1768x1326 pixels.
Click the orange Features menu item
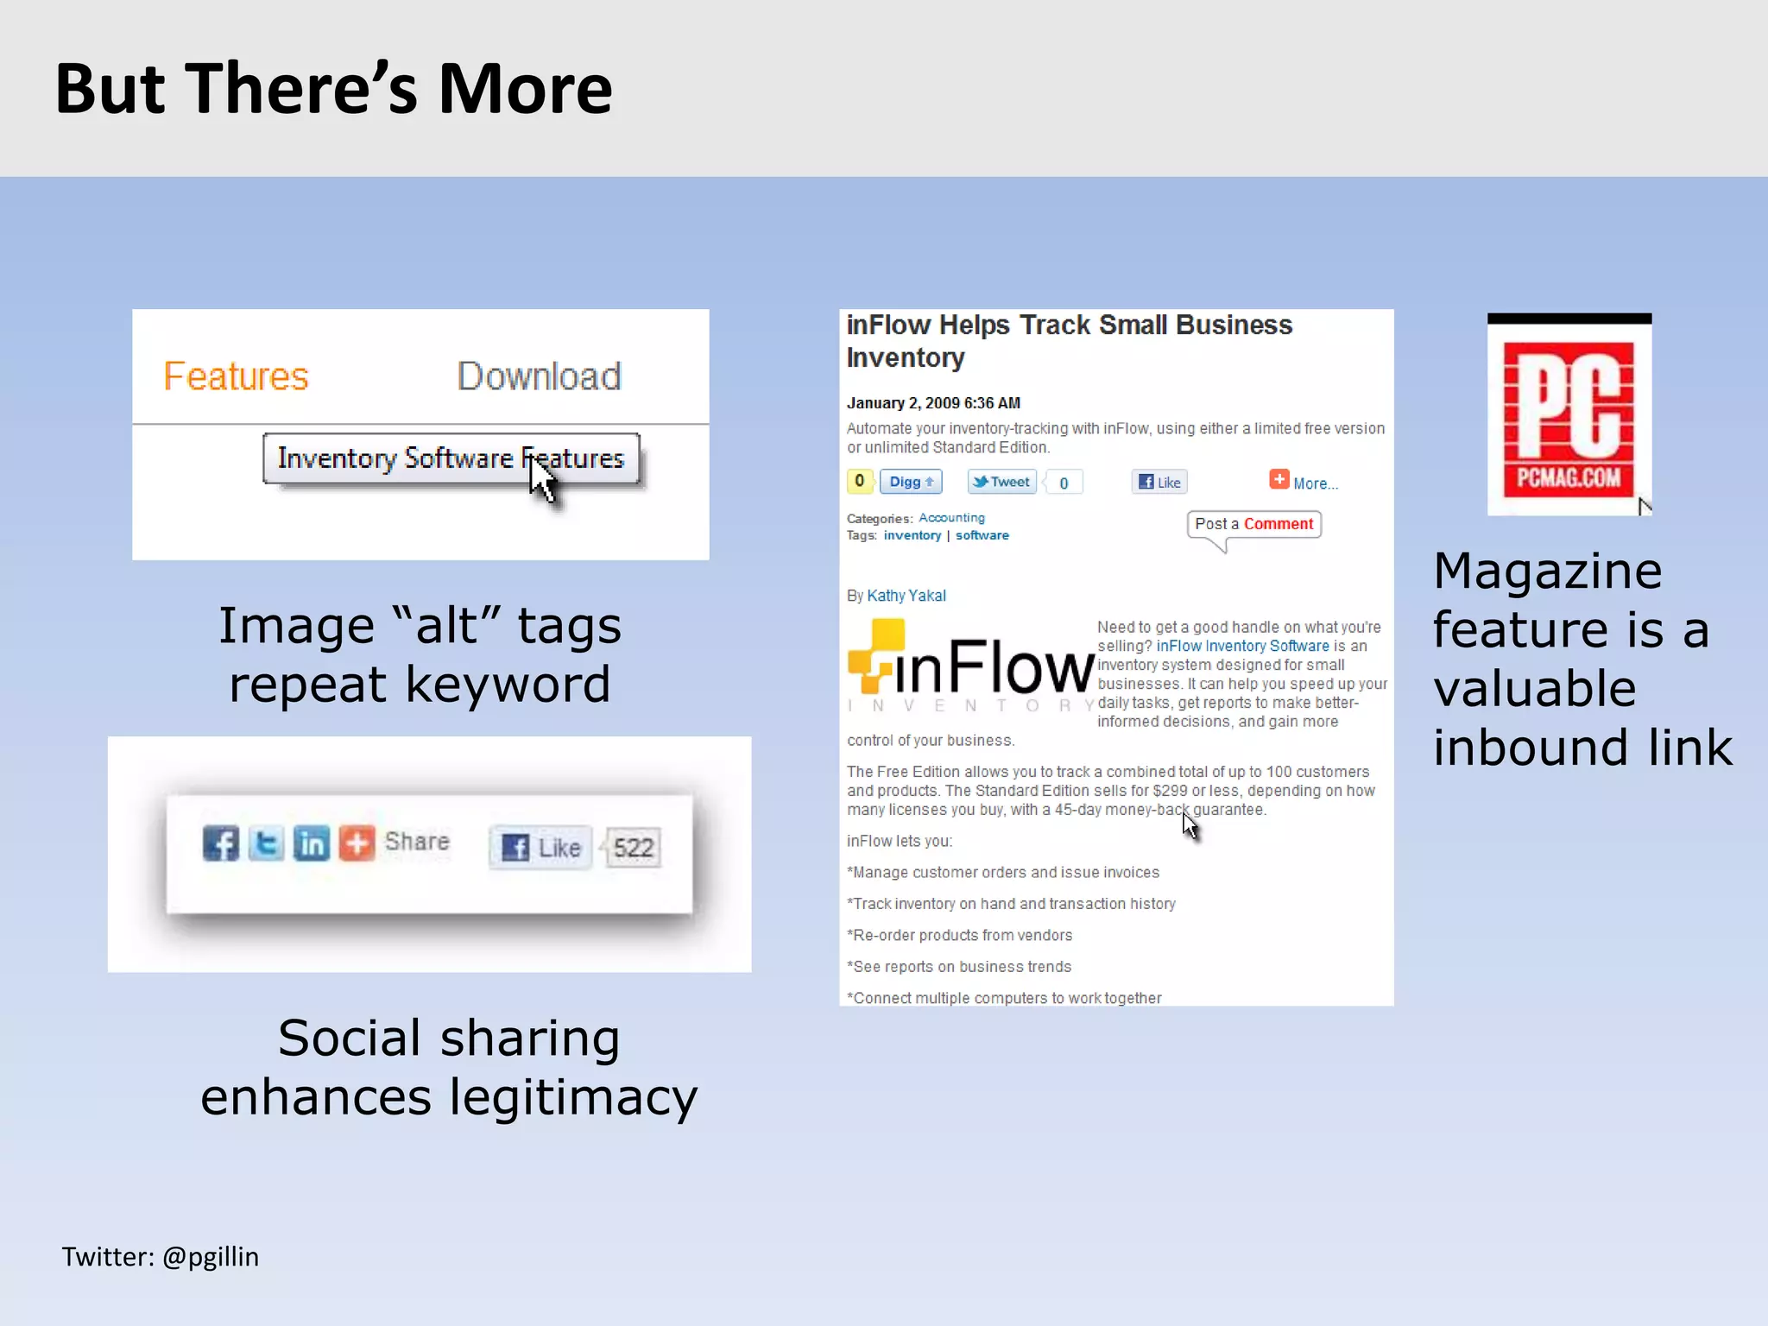click(236, 376)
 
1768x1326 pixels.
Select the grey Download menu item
click(539, 376)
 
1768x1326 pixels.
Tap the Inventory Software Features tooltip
click(451, 458)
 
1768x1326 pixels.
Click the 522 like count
click(634, 848)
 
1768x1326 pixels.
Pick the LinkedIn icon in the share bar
click(311, 843)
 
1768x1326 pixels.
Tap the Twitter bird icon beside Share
click(266, 843)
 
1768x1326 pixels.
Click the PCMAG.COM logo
click(1569, 416)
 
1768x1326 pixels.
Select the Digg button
click(911, 482)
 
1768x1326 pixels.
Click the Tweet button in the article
click(1001, 482)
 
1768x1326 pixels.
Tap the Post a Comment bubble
click(1253, 524)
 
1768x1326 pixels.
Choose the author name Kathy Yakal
click(906, 596)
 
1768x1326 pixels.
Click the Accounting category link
click(951, 518)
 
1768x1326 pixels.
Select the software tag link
click(982, 535)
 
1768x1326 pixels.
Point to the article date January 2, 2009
click(933, 403)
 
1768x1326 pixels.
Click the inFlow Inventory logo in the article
click(970, 667)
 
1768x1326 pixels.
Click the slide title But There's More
click(334, 89)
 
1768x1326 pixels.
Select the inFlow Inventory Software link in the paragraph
click(1242, 646)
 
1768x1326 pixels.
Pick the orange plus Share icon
click(357, 843)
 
